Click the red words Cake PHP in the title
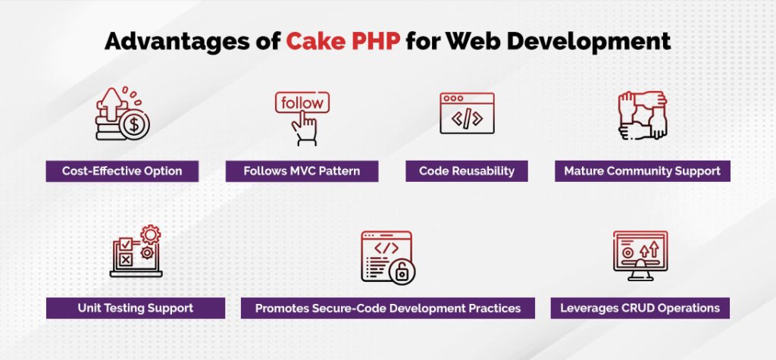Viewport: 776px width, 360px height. click(x=343, y=42)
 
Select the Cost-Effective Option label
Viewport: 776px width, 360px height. click(x=122, y=171)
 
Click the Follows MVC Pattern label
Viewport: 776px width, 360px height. click(x=302, y=171)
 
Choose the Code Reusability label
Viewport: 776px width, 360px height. click(x=467, y=171)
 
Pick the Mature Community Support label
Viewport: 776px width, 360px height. click(x=643, y=171)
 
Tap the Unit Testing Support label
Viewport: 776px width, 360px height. click(x=136, y=308)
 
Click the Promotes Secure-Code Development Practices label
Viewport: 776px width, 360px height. click(x=388, y=308)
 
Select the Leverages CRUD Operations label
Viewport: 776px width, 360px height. click(x=640, y=308)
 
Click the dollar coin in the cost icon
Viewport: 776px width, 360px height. click(x=134, y=124)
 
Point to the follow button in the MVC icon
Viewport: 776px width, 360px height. click(x=302, y=103)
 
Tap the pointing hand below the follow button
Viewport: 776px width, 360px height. click(x=305, y=128)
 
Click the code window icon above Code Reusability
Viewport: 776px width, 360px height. click(x=467, y=113)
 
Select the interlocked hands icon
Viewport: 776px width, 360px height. click(x=643, y=115)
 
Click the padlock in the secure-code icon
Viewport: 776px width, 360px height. click(x=402, y=271)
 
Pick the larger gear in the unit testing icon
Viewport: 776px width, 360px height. click(x=151, y=234)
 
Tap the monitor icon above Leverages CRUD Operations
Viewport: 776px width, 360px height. click(x=640, y=255)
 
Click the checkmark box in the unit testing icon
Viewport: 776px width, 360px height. click(x=126, y=244)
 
